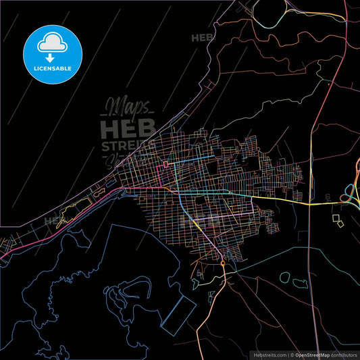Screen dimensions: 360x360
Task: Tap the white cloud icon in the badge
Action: pyautogui.click(x=53, y=41)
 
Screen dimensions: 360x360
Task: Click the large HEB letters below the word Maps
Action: pyautogui.click(x=128, y=128)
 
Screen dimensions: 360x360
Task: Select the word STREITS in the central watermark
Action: pyautogui.click(x=128, y=146)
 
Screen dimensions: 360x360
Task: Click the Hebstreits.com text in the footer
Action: pyautogui.click(x=269, y=354)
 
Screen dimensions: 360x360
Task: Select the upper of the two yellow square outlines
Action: pyautogui.click(x=336, y=217)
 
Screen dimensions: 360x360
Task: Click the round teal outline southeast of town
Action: pyautogui.click(x=284, y=277)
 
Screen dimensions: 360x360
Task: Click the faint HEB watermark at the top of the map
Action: pyautogui.click(x=203, y=38)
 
